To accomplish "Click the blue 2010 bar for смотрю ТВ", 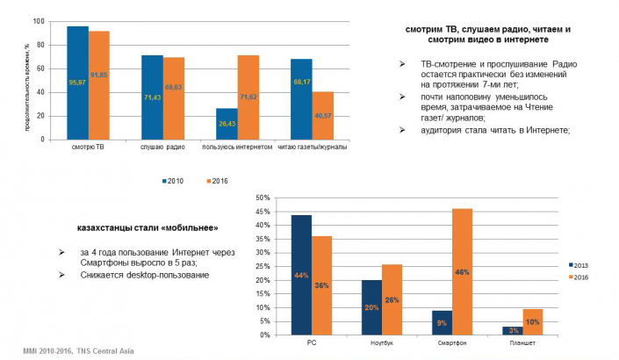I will coord(78,83).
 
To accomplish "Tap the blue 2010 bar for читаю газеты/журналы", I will coord(302,98).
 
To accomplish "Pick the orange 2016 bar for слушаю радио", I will coord(174,97).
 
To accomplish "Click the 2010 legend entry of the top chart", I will coord(173,181).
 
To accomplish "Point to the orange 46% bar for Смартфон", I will coord(461,271).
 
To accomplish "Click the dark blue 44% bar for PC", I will coord(301,275).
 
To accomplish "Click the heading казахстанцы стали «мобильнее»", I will coord(141,227).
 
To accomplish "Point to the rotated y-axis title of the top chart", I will coord(27,79).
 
